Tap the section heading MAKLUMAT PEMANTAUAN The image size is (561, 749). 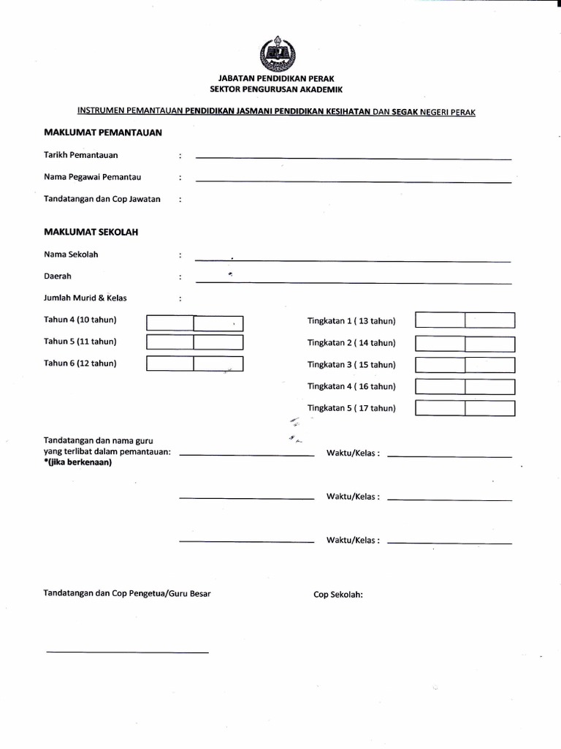click(x=103, y=132)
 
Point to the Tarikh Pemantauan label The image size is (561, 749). click(x=80, y=155)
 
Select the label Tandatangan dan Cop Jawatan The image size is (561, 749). click(x=102, y=199)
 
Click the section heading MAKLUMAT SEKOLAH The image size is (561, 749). click(x=91, y=232)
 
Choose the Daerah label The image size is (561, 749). click(x=58, y=276)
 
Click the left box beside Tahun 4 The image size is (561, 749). click(x=169, y=323)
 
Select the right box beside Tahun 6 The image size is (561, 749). click(x=218, y=364)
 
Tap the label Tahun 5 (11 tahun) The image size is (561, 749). click(x=80, y=342)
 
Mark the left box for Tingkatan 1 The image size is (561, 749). click(x=440, y=320)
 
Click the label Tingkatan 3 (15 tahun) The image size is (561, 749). click(x=351, y=365)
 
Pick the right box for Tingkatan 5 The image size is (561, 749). click(x=490, y=408)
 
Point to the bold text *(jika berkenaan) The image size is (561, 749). click(x=78, y=462)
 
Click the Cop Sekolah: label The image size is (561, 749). click(x=338, y=595)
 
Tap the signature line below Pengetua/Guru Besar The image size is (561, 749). click(x=128, y=652)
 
